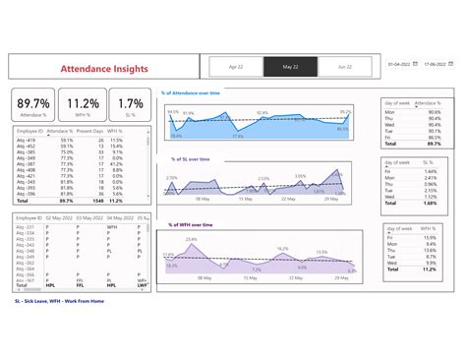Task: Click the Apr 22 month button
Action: pyautogui.click(x=236, y=67)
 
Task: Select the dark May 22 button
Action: pyautogui.click(x=290, y=67)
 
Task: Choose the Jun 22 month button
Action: pyautogui.click(x=344, y=67)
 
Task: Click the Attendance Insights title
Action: pyautogui.click(x=105, y=69)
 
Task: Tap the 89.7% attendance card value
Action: pyautogui.click(x=33, y=103)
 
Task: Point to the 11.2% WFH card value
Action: pyautogui.click(x=83, y=103)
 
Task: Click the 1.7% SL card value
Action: pyautogui.click(x=131, y=103)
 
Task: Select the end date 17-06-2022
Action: pyautogui.click(x=437, y=65)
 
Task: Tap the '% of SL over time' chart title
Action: pyautogui.click(x=197, y=159)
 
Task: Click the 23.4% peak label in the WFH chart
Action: pyautogui.click(x=191, y=239)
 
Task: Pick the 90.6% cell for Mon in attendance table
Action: pyautogui.click(x=434, y=112)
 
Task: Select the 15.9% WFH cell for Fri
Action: pyautogui.click(x=430, y=238)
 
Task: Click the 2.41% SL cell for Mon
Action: pyautogui.click(x=430, y=178)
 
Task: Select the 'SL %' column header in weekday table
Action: pyautogui.click(x=428, y=162)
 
